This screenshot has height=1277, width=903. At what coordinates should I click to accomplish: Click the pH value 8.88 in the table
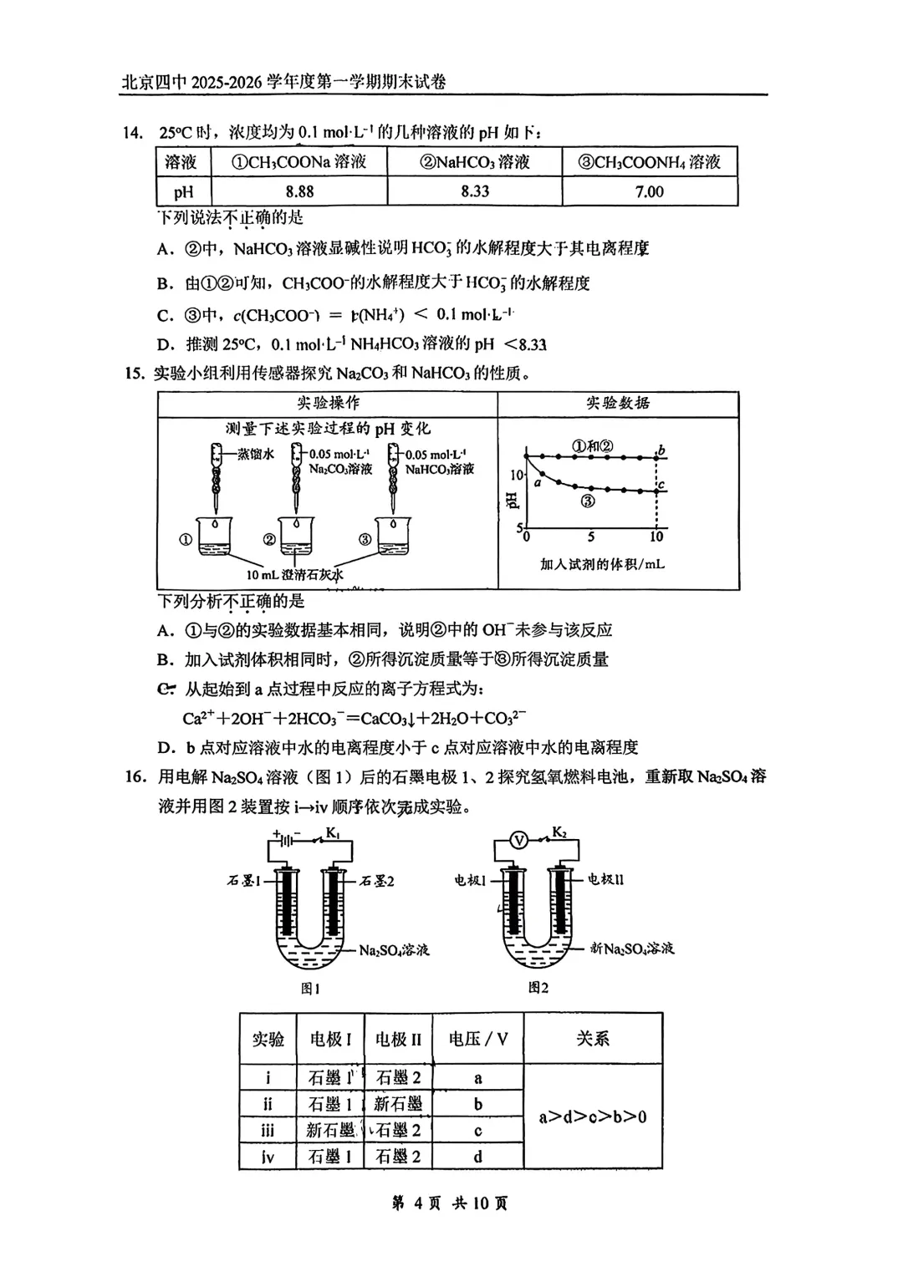pyautogui.click(x=299, y=191)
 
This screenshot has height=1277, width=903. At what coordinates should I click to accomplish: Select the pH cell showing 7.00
pyautogui.click(x=649, y=191)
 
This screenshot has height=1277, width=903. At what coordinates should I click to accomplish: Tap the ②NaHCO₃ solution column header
pyautogui.click(x=474, y=162)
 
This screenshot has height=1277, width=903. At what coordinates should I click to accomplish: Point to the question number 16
pyautogui.click(x=135, y=777)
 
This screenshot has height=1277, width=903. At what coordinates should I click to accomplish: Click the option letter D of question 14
pyautogui.click(x=166, y=344)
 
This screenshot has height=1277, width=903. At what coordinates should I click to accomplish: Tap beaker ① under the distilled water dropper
pyautogui.click(x=214, y=536)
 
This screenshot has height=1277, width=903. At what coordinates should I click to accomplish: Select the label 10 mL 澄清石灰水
pyautogui.click(x=294, y=575)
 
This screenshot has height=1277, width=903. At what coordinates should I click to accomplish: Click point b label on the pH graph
pyautogui.click(x=661, y=451)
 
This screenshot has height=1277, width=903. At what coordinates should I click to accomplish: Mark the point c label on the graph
pyautogui.click(x=661, y=485)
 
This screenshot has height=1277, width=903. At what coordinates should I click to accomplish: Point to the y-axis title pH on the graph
pyautogui.click(x=513, y=500)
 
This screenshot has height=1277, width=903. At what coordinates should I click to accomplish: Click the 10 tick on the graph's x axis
pyautogui.click(x=656, y=537)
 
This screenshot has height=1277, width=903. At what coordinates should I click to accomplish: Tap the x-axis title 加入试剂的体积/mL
pyautogui.click(x=602, y=564)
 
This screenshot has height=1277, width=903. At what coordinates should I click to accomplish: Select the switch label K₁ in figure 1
pyautogui.click(x=333, y=832)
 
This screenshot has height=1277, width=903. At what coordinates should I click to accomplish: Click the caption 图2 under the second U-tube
pyautogui.click(x=538, y=988)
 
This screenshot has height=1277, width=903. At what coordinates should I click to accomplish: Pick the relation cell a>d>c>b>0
pyautogui.click(x=592, y=1117)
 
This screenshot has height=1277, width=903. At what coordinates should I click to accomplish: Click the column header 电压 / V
pyautogui.click(x=477, y=1039)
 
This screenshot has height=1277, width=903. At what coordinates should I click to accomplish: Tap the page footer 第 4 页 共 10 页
pyautogui.click(x=450, y=1203)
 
